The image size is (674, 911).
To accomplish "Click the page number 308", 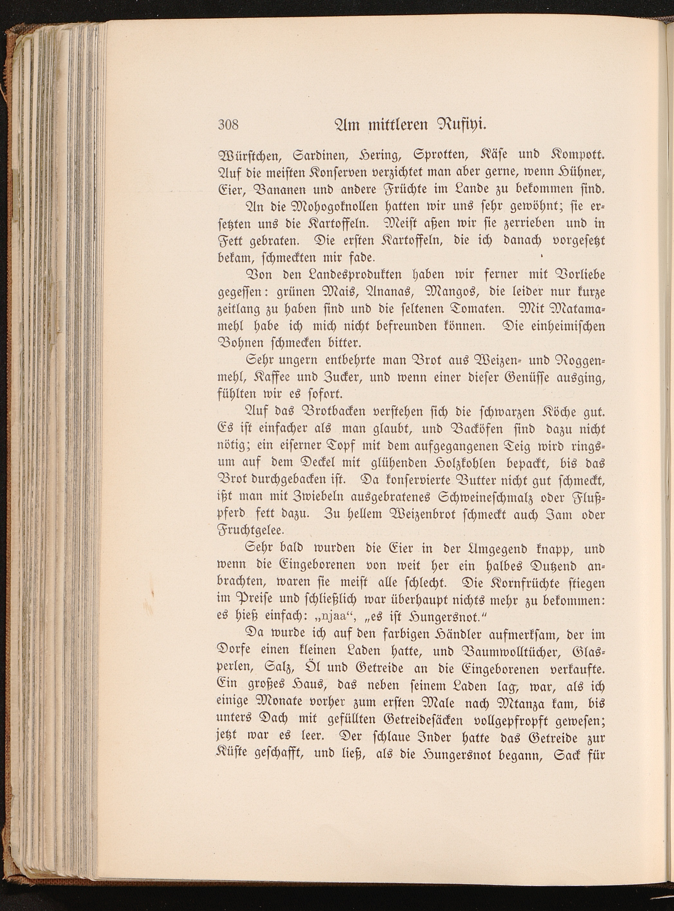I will coord(228,124).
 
